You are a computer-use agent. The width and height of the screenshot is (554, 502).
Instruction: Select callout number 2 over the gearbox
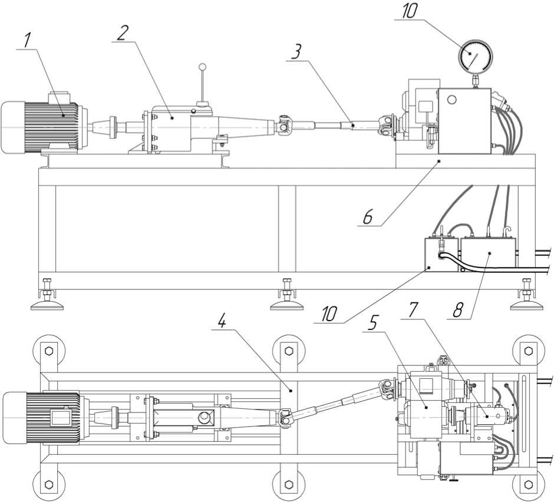point(123,32)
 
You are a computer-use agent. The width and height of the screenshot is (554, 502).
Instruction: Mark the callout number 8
point(454,309)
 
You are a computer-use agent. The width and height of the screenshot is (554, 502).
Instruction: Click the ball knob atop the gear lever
point(203,68)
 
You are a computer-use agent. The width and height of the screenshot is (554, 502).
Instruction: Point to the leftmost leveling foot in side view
point(47,303)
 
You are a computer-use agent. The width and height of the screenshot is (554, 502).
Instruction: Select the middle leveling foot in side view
point(287,303)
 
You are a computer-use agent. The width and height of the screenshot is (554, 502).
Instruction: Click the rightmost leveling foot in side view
point(526,303)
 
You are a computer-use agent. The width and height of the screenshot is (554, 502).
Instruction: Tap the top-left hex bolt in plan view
point(49,352)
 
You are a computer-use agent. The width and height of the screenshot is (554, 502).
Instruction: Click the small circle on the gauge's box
point(452,100)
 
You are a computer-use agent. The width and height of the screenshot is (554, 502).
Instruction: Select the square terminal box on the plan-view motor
point(61,418)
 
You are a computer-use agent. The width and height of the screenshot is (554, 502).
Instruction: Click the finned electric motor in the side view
point(41,127)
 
